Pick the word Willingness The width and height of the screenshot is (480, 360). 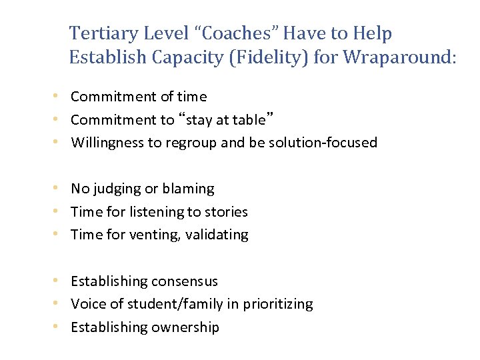click(x=107, y=142)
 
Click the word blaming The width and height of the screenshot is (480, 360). click(x=188, y=189)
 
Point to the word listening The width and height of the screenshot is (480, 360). click(x=141, y=212)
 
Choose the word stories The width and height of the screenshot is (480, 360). click(x=226, y=212)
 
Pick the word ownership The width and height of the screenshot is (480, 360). click(x=185, y=327)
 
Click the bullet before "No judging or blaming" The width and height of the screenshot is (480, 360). click(x=61, y=189)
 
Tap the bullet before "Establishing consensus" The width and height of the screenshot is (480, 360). click(x=61, y=281)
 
